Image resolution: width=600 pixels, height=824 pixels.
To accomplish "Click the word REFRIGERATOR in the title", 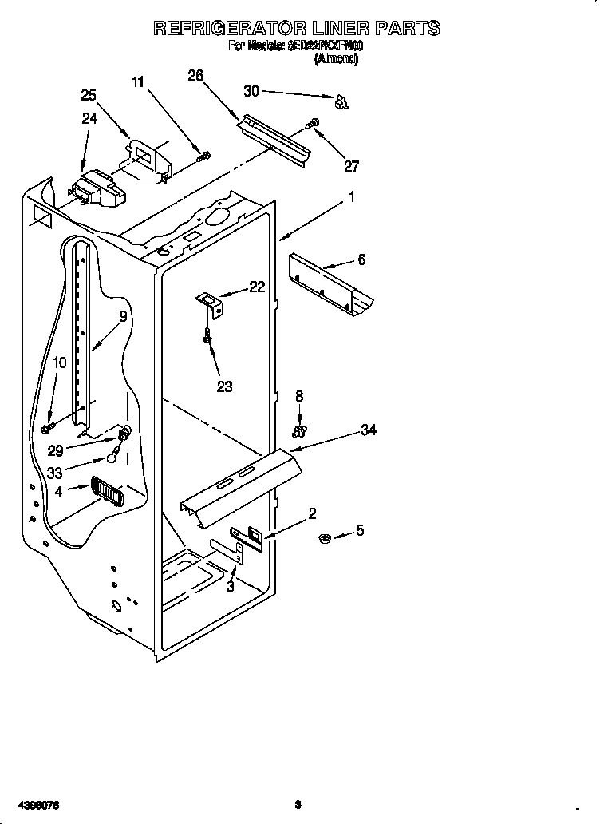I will click(x=225, y=28).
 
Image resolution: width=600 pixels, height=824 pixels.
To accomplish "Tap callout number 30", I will click(x=251, y=91).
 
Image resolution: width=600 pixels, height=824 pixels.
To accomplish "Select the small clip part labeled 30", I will click(x=341, y=101).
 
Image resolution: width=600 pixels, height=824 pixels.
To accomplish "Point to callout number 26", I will click(x=195, y=76).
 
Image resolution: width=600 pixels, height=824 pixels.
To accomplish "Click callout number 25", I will click(x=89, y=95).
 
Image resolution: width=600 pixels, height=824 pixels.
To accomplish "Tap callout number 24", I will click(x=89, y=119).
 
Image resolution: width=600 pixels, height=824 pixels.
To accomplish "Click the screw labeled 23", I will click(x=207, y=336).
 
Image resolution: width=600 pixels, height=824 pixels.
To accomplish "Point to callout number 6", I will click(x=361, y=259).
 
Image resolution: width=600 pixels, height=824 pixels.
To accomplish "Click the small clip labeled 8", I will click(x=299, y=431).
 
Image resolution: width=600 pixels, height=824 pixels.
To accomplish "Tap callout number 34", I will click(x=368, y=430).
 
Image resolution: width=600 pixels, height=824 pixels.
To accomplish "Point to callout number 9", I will click(x=122, y=316).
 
